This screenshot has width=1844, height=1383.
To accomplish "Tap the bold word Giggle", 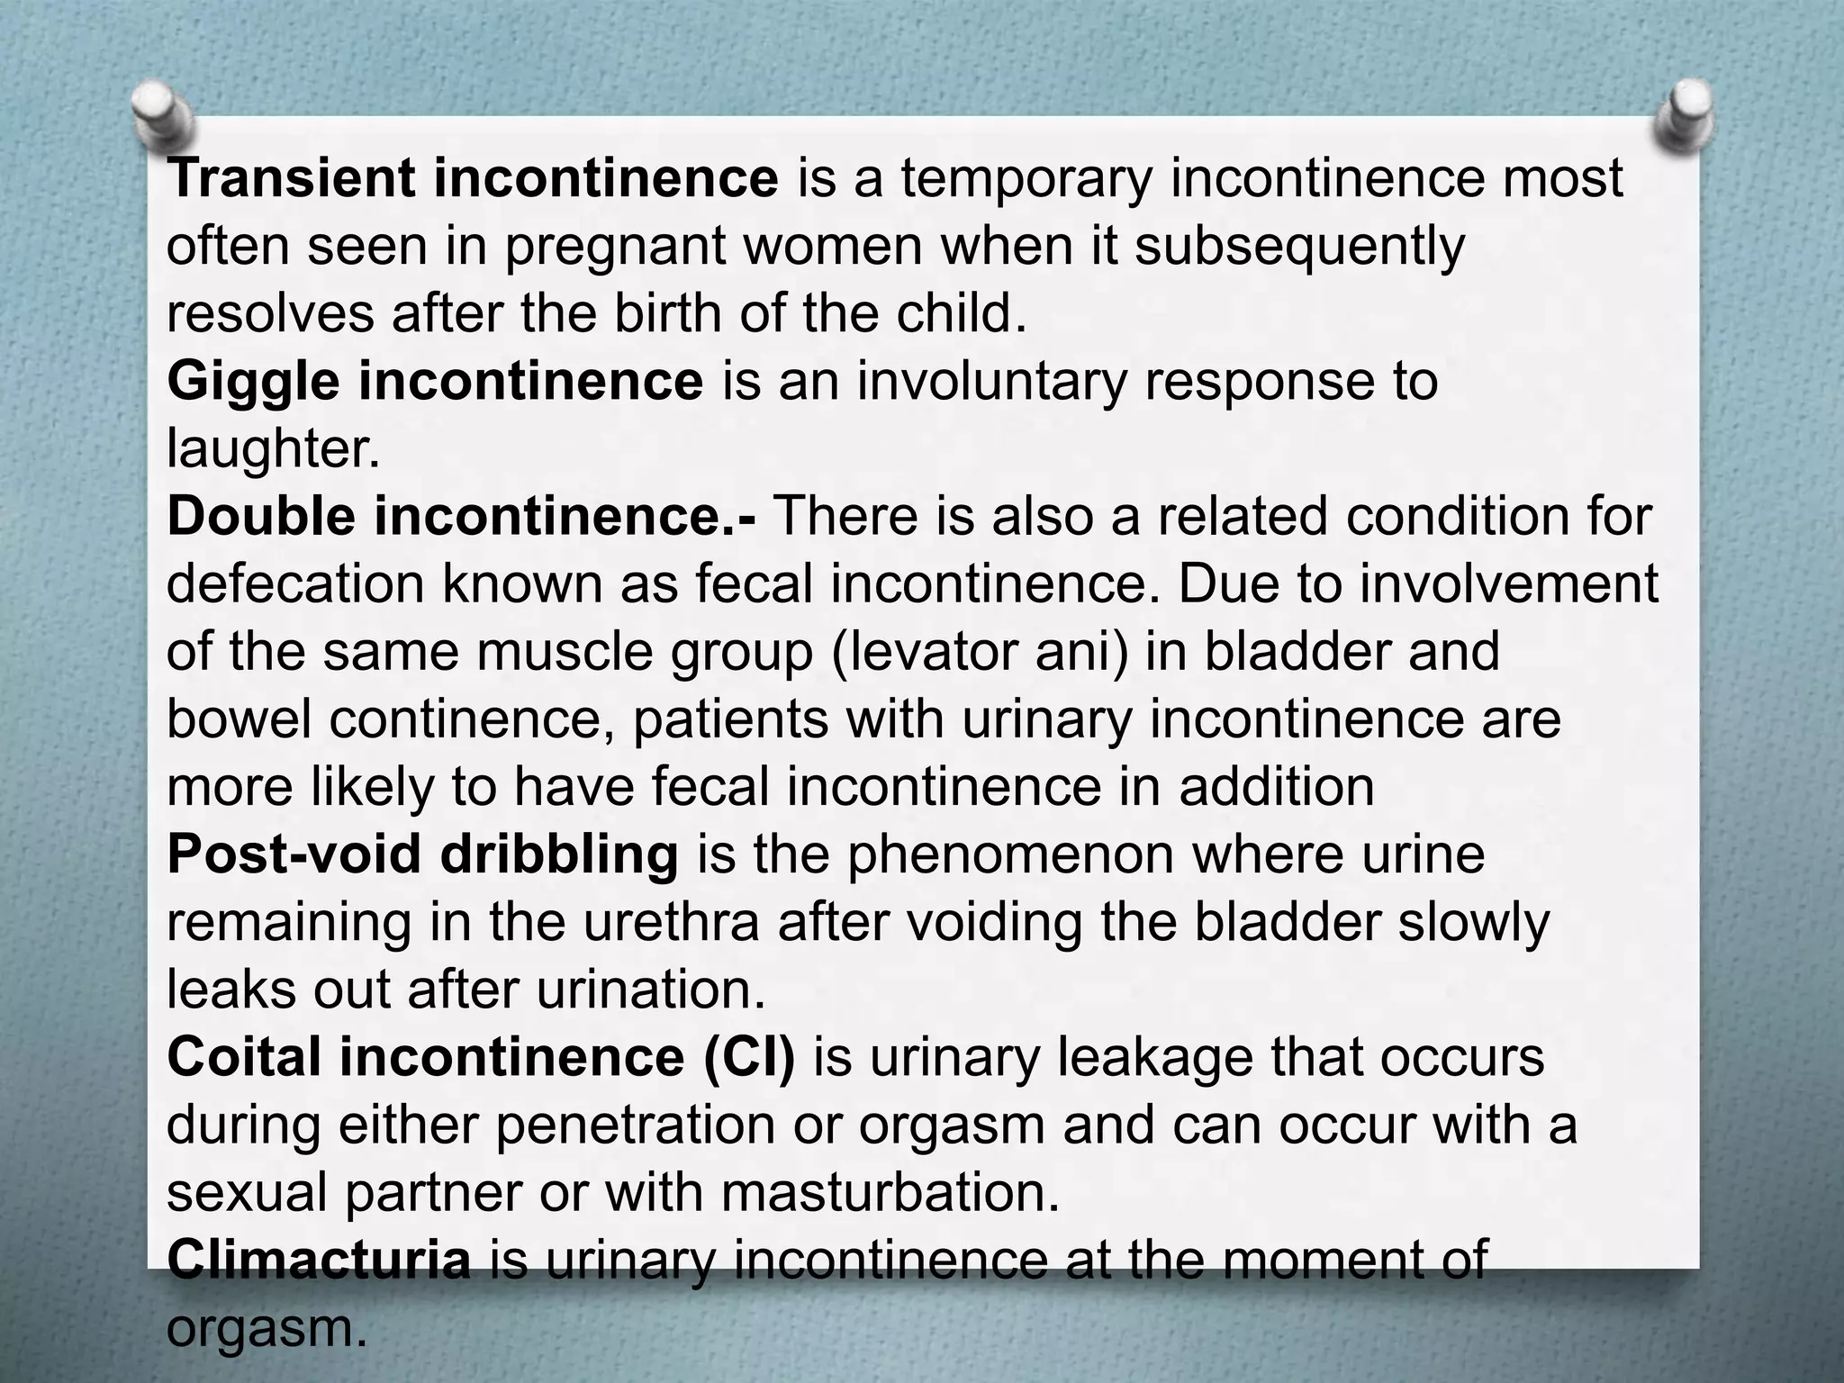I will [x=253, y=382].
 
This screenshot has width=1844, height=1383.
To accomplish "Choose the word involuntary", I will [x=991, y=382].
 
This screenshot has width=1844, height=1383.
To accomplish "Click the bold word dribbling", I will [x=559, y=854].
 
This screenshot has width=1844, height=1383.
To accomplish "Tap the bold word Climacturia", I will [x=319, y=1260].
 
